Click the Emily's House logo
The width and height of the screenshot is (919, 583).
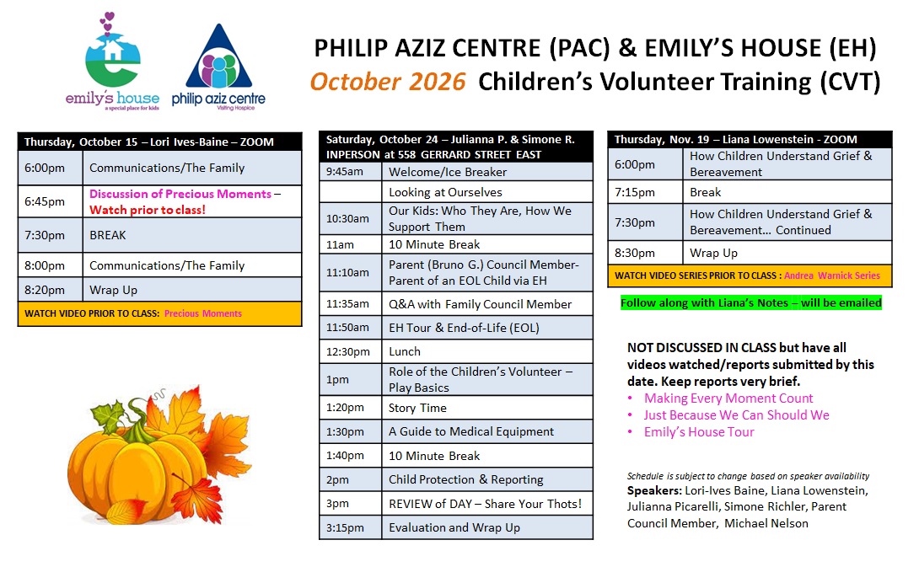[112, 62]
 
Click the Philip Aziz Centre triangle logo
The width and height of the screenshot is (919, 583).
[218, 67]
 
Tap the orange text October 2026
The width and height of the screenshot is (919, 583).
[387, 82]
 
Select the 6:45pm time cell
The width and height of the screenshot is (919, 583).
[51, 201]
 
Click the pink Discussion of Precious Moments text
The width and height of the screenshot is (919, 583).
[180, 194]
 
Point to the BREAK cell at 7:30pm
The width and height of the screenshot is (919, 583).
[192, 235]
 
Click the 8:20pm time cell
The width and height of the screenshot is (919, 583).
[51, 290]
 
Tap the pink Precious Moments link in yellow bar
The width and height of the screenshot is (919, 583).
[203, 313]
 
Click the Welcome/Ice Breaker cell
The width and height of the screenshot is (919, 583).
[487, 172]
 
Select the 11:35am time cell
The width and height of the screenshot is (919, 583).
[351, 304]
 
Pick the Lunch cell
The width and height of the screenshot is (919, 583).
[487, 351]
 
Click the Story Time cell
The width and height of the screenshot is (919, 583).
[487, 408]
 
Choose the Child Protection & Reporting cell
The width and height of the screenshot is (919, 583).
[487, 479]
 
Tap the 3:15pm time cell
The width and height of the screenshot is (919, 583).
[351, 527]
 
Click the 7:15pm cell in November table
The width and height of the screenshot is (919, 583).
[645, 192]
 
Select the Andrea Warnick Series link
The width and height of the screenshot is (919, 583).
[831, 275]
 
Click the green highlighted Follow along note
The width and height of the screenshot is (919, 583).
[750, 303]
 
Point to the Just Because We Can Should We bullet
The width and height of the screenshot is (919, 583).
[736, 415]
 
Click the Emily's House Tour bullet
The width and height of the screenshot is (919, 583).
[699, 432]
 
